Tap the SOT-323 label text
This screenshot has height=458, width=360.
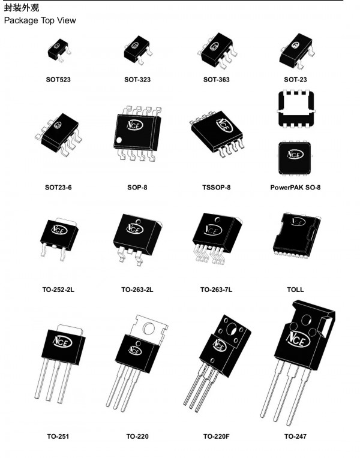point(137,79)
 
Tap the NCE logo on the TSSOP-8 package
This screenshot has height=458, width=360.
point(224,125)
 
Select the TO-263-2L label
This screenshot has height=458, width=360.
point(137,290)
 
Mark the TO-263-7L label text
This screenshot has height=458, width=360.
point(217,290)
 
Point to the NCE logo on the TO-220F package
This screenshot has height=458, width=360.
point(218,346)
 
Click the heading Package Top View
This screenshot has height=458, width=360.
point(40,20)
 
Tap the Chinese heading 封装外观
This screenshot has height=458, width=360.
point(21,7)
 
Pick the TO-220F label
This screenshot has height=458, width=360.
point(218,436)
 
